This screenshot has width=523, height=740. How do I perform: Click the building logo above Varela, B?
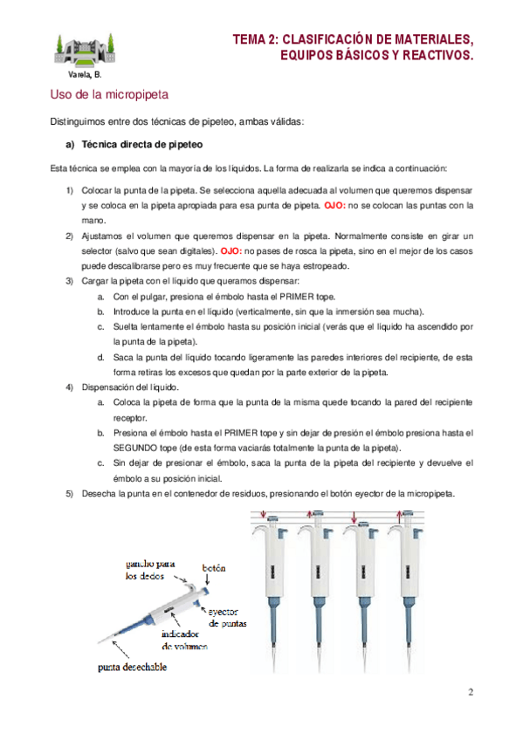pyautogui.click(x=85, y=50)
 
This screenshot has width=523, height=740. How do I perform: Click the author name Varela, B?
pyautogui.click(x=85, y=74)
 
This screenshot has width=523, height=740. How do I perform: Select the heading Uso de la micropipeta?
pyautogui.click(x=109, y=94)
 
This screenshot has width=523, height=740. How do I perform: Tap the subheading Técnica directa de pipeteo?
pyautogui.click(x=142, y=144)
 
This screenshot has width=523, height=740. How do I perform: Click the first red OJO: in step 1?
pyautogui.click(x=334, y=205)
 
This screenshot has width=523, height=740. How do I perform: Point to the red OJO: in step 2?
pyautogui.click(x=231, y=251)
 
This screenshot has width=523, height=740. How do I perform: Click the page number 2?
pyautogui.click(x=471, y=692)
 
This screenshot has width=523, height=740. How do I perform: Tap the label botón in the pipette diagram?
pyautogui.click(x=214, y=568)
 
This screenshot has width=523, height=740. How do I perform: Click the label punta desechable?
pyautogui.click(x=132, y=667)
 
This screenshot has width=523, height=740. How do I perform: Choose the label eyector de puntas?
pyautogui.click(x=227, y=617)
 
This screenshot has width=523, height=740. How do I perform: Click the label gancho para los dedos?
pyautogui.click(x=149, y=570)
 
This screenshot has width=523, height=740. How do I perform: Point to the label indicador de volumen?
pyautogui.click(x=184, y=640)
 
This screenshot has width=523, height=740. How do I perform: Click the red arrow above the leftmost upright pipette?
pyautogui.click(x=264, y=514)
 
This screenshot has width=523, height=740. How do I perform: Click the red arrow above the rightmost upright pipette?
pyautogui.click(x=399, y=515)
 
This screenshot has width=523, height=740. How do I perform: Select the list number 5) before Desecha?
pyautogui.click(x=69, y=494)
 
